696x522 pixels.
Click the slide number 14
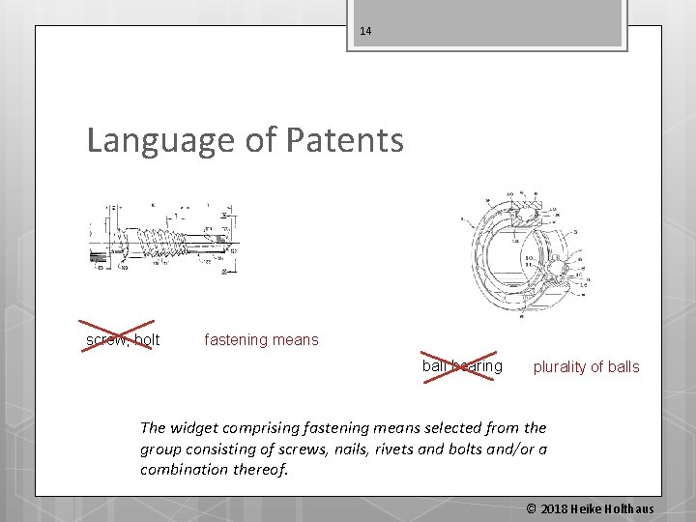click(365, 31)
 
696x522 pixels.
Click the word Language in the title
click(159, 141)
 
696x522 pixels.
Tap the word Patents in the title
click(345, 141)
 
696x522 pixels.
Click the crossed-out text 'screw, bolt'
click(123, 339)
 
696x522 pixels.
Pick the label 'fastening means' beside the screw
click(261, 339)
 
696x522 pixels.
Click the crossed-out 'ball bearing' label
click(462, 366)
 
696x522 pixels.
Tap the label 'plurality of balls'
click(586, 366)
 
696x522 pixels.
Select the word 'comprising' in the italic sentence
click(267, 427)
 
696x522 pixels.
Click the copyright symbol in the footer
click(531, 508)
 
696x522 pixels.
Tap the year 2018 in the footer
click(555, 508)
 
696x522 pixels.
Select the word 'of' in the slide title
click(261, 141)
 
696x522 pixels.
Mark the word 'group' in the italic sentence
click(161, 449)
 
